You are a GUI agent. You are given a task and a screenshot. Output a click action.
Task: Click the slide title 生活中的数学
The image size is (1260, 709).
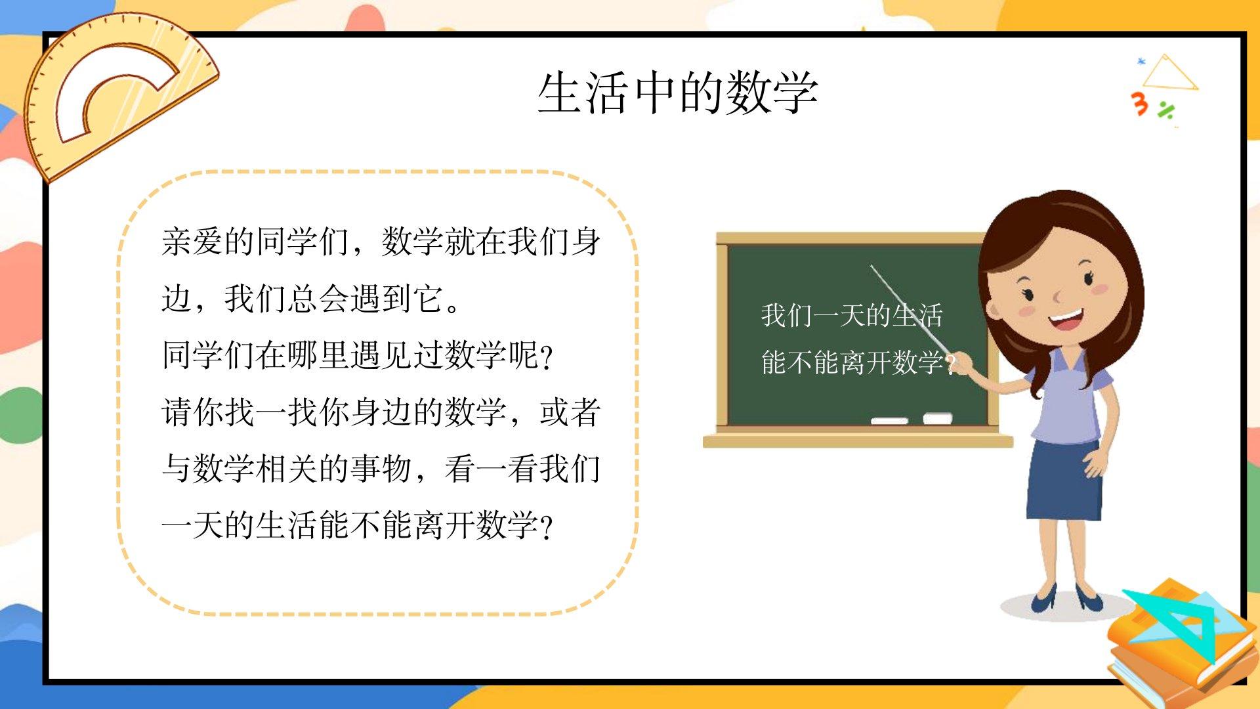tap(678, 93)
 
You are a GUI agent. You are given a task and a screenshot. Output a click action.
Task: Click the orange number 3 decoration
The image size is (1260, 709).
tap(1140, 104)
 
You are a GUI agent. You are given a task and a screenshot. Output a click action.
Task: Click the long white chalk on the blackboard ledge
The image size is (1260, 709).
tap(889, 420)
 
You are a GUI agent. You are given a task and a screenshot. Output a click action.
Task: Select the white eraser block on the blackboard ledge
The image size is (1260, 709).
tap(938, 418)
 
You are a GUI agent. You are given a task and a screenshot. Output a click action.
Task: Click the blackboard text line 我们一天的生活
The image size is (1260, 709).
tap(852, 316)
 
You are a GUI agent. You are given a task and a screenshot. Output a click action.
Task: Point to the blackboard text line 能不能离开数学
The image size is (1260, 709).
tap(852, 362)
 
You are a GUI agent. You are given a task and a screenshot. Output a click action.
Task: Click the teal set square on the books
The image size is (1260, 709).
tap(1175, 624)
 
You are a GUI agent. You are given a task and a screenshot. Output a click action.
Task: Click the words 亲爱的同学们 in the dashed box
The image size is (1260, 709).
tap(255, 242)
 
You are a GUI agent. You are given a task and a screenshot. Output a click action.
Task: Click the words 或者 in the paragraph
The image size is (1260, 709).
tap(570, 412)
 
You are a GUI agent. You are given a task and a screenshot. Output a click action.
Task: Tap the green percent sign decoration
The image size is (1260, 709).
tap(1166, 110)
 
